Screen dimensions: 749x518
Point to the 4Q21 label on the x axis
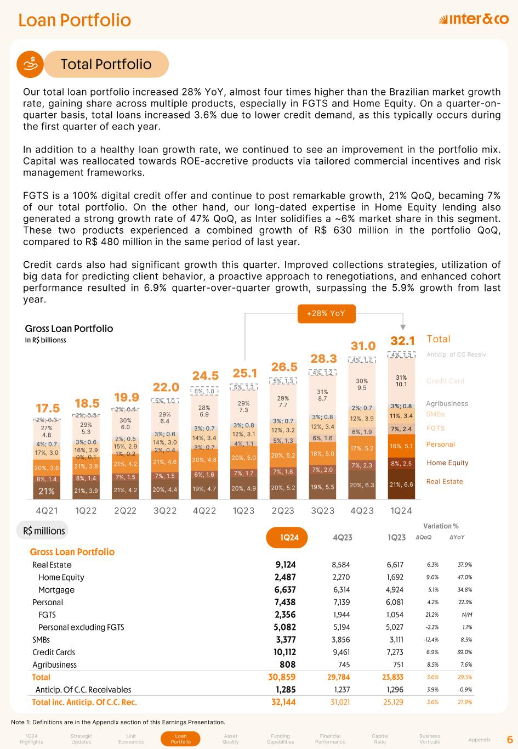47,510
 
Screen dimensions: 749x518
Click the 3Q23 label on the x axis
323,510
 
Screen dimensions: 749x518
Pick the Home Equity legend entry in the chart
447,463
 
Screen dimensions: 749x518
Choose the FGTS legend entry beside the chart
435,428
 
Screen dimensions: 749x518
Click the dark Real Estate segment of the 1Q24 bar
401,484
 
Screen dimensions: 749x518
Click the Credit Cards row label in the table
54,652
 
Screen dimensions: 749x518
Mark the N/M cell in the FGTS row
466,615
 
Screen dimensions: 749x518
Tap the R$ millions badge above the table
44,531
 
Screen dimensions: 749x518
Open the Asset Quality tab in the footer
231,739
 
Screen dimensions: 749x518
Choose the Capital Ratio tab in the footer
380,739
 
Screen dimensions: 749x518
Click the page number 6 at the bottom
509,739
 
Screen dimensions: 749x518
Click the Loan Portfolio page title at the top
75,20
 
